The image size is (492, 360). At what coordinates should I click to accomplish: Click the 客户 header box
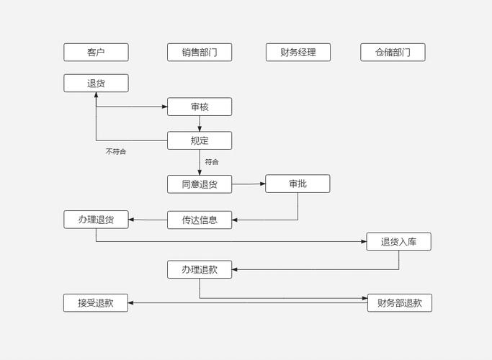(x=96, y=52)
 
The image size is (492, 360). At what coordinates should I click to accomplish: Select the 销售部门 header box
(x=200, y=52)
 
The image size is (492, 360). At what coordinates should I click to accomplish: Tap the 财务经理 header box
(x=298, y=52)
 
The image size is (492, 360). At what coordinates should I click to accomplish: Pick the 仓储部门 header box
(x=393, y=52)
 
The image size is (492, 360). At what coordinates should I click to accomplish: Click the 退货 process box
(x=96, y=83)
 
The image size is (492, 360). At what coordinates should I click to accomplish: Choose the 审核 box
(x=200, y=107)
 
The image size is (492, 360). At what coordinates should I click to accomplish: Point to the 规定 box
(x=200, y=140)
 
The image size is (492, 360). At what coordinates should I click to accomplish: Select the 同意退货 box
(x=200, y=184)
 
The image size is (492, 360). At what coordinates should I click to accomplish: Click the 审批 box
(x=298, y=184)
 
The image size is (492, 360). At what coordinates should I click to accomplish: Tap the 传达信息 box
(x=200, y=220)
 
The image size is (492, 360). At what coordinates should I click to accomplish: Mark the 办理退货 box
(x=96, y=219)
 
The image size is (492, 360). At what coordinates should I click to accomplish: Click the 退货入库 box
(x=398, y=241)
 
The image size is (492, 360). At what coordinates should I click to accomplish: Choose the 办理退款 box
(x=200, y=269)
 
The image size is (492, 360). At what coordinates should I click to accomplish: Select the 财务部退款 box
(x=399, y=302)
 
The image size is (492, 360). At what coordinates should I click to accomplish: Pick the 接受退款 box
(x=96, y=302)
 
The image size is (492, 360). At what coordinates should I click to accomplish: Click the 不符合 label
(x=115, y=152)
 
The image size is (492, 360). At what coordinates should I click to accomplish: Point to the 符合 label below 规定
(x=211, y=162)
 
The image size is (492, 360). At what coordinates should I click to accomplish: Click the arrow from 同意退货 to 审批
(x=249, y=184)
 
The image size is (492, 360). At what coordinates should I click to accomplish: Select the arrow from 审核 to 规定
(x=200, y=123)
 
